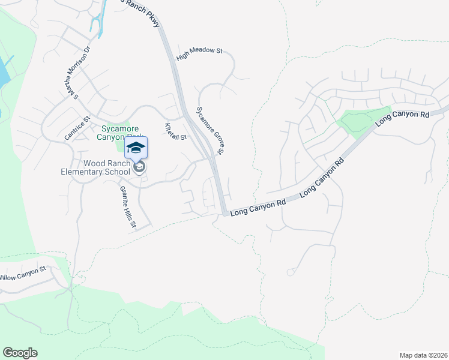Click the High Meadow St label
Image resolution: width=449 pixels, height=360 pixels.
click(x=200, y=55)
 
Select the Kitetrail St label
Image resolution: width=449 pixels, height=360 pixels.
click(x=176, y=131)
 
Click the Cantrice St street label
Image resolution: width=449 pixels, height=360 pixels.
click(x=77, y=129)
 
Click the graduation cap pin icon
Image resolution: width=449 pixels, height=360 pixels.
click(x=136, y=148)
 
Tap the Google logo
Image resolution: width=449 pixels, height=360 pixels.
click(x=20, y=353)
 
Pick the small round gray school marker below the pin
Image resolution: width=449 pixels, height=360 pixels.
click(x=139, y=167)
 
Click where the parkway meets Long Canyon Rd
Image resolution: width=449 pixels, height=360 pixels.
click(x=224, y=212)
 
